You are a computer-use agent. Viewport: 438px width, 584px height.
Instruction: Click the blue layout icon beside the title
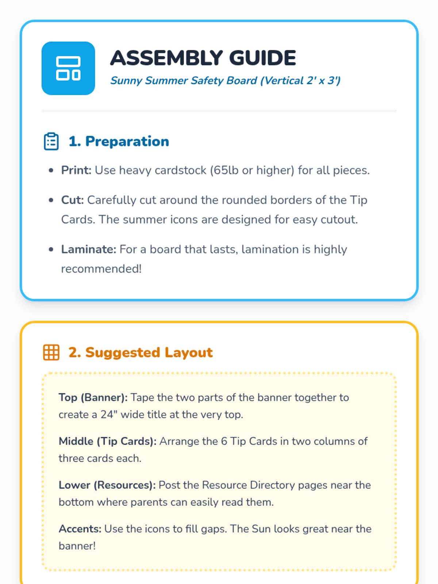(x=68, y=68)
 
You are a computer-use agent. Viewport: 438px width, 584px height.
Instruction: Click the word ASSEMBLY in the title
(x=166, y=58)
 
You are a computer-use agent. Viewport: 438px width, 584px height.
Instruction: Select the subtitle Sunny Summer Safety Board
(x=184, y=80)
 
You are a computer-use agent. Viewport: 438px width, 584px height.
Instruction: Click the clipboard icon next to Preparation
(x=51, y=141)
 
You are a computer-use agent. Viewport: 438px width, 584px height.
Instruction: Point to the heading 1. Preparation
(x=119, y=141)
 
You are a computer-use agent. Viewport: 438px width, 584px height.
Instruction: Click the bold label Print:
(x=76, y=170)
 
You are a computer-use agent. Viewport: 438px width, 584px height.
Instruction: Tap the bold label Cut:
(x=72, y=200)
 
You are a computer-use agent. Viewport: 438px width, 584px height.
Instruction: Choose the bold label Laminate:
(x=88, y=249)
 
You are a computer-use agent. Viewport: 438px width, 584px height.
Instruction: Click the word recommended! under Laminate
(x=101, y=269)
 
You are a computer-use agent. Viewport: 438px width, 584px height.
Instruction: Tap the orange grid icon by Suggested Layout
(x=51, y=352)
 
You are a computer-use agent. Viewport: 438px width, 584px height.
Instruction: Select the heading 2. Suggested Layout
(x=141, y=352)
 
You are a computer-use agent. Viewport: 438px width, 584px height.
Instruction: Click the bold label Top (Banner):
(x=93, y=397)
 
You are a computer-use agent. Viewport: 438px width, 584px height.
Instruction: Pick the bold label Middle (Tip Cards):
(x=107, y=441)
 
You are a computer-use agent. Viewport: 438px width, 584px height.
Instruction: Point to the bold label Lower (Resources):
(x=107, y=485)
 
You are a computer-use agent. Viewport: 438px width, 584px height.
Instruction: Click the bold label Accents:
(x=80, y=529)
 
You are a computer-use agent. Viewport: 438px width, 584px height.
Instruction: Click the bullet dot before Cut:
(x=51, y=200)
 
